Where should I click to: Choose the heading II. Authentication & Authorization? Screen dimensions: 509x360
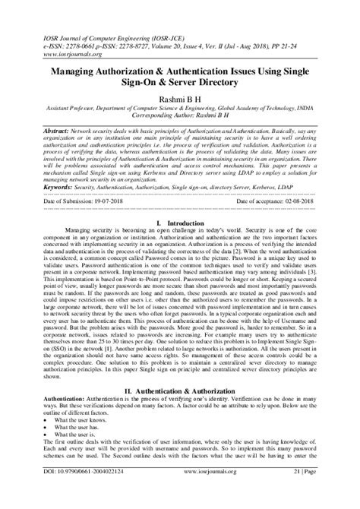[180, 390]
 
